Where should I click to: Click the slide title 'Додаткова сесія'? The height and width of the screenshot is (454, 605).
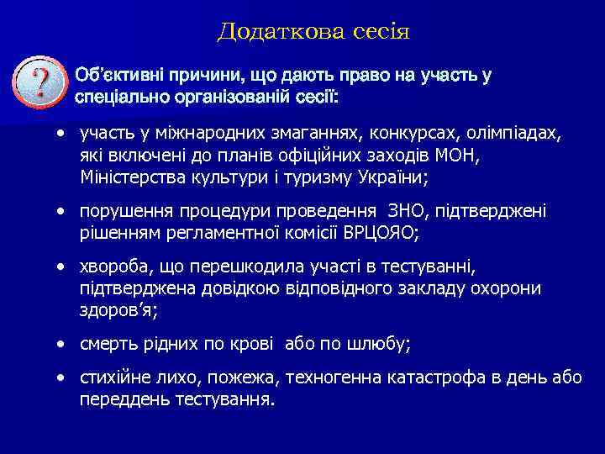tap(313, 32)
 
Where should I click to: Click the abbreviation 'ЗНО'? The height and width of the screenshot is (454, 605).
tap(402, 213)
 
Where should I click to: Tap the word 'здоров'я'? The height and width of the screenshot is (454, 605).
tap(118, 309)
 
